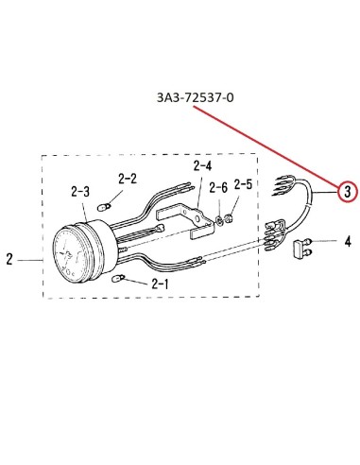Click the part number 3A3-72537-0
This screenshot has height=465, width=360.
[x=196, y=97]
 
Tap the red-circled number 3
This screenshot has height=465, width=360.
[x=347, y=191]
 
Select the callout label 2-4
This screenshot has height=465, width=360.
[x=202, y=165]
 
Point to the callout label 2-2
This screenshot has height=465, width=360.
[x=128, y=179]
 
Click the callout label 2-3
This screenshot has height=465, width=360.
[x=80, y=191]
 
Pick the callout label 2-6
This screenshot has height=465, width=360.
[x=218, y=188]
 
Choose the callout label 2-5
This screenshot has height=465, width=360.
[x=243, y=184]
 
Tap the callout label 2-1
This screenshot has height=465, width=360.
[x=160, y=284]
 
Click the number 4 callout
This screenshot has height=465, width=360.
[x=348, y=242]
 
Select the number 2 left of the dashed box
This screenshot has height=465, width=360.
[x=9, y=259]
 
